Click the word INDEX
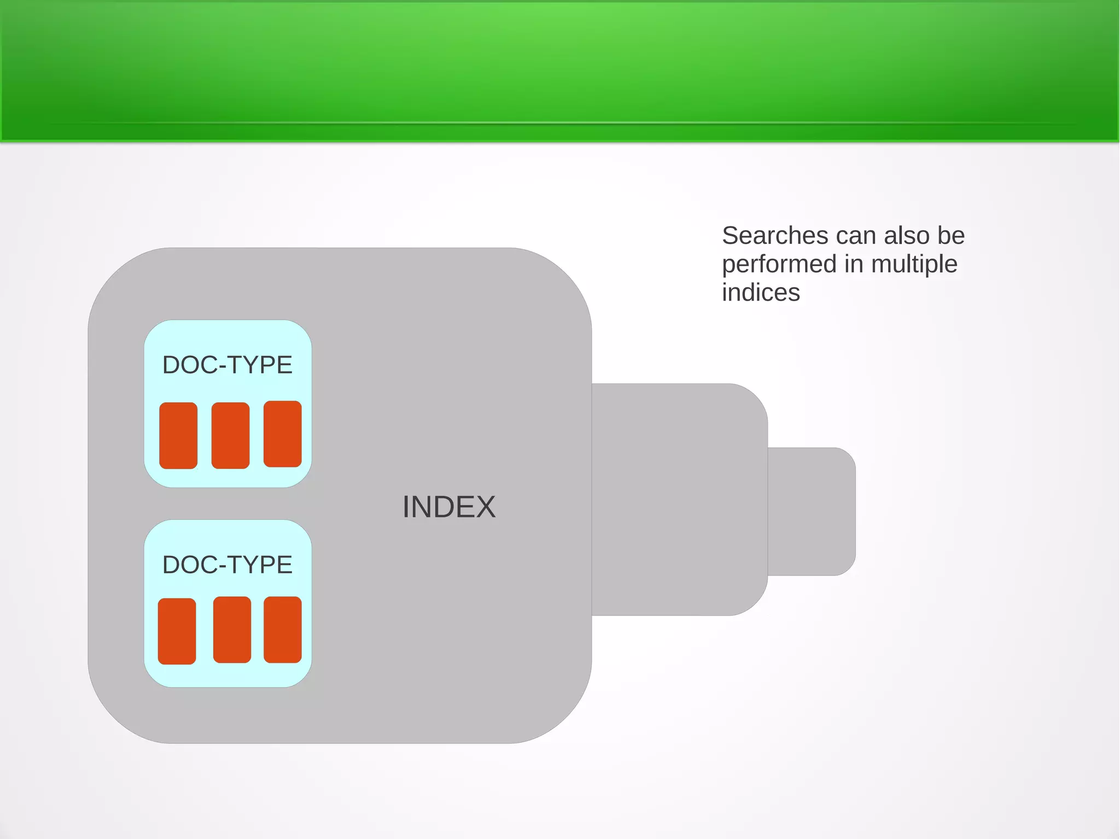[448, 507]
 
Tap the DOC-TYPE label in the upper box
[227, 365]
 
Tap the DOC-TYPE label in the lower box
[227, 565]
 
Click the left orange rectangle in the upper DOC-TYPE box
[178, 436]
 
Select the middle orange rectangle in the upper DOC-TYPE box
[230, 436]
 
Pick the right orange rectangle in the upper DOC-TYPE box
[282, 434]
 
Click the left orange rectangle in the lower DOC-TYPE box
[177, 631]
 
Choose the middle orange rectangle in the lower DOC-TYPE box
[232, 630]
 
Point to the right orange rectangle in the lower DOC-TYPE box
[282, 630]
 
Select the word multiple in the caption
[914, 265]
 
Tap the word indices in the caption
[761, 292]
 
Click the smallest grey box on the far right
[812, 512]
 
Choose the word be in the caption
[951, 236]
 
